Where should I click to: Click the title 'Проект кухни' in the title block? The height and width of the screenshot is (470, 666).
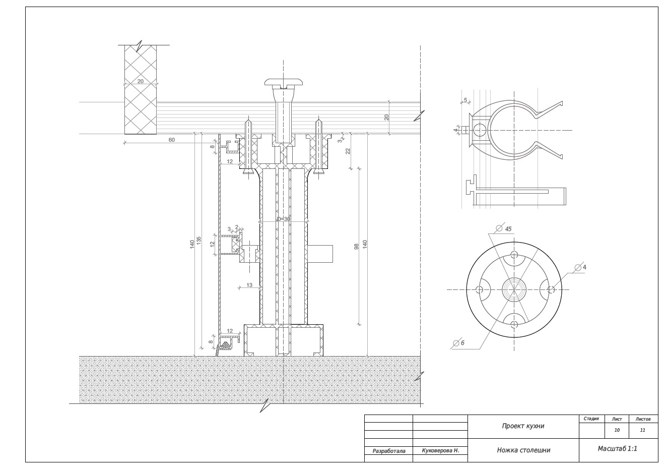[523, 426]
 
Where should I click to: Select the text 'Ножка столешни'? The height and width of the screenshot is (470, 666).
[523, 450]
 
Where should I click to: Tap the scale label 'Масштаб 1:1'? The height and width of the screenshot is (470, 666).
[618, 449]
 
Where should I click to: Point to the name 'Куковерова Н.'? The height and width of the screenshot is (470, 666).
[441, 451]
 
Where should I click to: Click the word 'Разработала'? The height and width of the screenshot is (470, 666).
[389, 451]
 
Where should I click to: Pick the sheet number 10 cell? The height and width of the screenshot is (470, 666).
[617, 430]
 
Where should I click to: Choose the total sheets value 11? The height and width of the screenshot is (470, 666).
[642, 430]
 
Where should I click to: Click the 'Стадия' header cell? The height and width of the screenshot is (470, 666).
[591, 419]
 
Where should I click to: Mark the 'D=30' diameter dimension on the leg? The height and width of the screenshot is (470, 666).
[283, 219]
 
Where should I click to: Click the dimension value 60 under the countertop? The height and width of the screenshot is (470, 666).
[172, 140]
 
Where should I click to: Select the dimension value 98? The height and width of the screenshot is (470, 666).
[357, 246]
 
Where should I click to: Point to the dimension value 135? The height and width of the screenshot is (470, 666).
[198, 241]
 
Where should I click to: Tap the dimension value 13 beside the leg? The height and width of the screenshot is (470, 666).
[249, 285]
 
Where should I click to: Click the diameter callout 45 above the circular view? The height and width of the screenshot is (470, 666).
[508, 229]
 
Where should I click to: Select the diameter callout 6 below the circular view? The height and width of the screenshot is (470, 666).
[462, 343]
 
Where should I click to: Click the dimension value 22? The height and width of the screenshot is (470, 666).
[348, 151]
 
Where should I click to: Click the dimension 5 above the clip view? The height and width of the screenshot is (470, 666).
[465, 100]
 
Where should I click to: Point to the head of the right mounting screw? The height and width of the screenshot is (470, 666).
[318, 171]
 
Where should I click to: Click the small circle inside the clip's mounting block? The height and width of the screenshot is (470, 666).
[480, 130]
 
